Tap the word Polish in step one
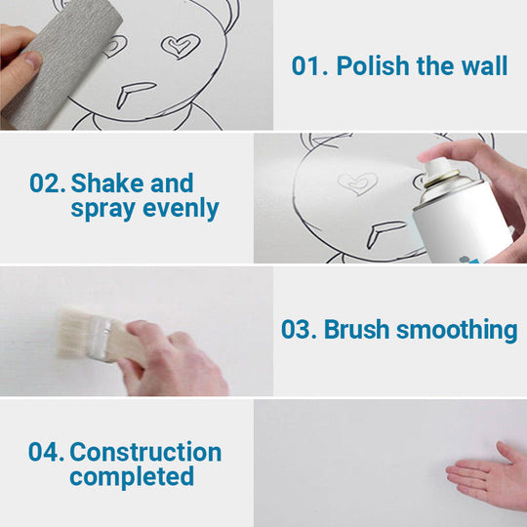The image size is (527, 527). tap(371, 66)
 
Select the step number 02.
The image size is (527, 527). tap(46, 183)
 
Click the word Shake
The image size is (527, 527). tap(105, 183)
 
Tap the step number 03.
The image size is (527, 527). tap(299, 330)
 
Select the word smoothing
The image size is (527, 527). tap(457, 330)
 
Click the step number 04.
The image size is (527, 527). tap(45, 453)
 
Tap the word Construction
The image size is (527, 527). tap(145, 453)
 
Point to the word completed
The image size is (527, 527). tap(131, 477)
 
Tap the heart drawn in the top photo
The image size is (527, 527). tap(180, 46)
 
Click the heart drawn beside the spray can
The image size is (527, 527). tap(356, 182)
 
